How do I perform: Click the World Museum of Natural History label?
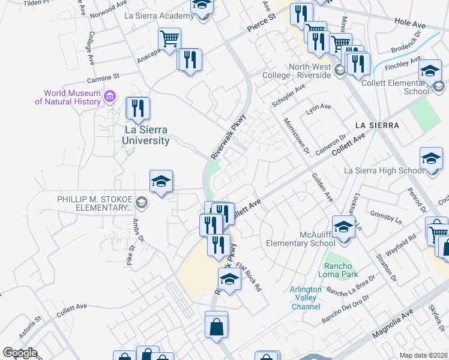tap(67, 97)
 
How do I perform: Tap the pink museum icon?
tap(109, 96)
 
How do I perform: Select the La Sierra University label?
tap(146, 135)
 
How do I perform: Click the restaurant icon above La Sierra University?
tap(138, 109)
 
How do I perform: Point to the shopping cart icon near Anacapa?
tap(169, 40)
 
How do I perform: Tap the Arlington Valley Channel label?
tap(306, 298)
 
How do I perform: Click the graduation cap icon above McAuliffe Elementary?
tap(343, 227)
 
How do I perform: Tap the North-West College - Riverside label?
tap(297, 71)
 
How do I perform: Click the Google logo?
tap(19, 353)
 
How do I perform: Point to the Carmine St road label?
tap(104, 77)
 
